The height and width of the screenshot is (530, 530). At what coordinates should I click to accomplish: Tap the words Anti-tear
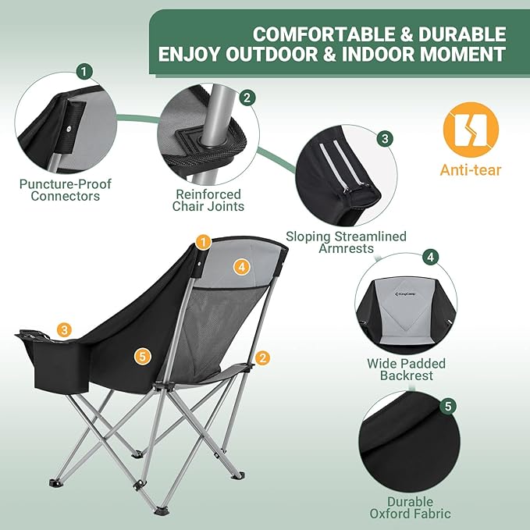coord(471,169)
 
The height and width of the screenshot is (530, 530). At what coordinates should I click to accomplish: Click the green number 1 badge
coord(84,71)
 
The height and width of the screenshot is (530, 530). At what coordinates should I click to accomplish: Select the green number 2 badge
coord(247,98)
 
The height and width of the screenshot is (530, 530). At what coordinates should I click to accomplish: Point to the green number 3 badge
coord(384,139)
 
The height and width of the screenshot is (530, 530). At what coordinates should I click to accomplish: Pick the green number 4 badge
coord(430,258)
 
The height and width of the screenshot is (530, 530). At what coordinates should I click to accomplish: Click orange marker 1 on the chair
coord(204,242)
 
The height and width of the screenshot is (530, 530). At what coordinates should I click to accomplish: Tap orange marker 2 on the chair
coord(262,357)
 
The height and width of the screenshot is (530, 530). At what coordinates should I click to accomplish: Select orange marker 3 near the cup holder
coord(64,330)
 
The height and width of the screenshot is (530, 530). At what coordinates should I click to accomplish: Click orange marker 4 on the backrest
coord(242,267)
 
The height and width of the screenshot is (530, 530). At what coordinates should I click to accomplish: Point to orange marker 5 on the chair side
coord(141,356)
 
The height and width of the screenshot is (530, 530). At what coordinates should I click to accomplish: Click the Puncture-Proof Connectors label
coord(66,190)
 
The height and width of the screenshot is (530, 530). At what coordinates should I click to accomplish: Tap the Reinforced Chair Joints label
coord(208,200)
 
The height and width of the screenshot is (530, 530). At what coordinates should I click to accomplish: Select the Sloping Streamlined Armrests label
coord(346,242)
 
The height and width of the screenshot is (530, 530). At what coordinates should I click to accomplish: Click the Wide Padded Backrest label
coord(407,369)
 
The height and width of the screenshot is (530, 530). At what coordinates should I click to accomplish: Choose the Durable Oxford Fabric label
coord(410,507)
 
